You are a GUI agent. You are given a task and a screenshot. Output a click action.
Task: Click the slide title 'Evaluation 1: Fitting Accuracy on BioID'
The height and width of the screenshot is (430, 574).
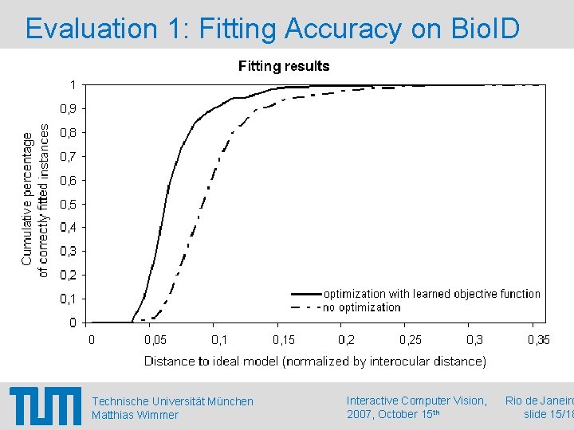click(x=273, y=29)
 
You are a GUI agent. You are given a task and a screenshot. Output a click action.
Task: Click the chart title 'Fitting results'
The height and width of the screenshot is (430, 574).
click(x=284, y=66)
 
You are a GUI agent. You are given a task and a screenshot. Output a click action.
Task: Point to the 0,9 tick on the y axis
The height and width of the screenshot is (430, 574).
click(x=69, y=108)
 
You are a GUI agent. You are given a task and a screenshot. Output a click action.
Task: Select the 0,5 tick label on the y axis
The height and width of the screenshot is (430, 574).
click(x=69, y=204)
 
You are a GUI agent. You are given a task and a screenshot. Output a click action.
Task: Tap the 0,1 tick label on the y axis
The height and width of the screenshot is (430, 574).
click(x=69, y=299)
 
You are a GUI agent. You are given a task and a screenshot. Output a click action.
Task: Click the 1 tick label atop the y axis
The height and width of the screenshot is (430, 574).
click(x=73, y=84)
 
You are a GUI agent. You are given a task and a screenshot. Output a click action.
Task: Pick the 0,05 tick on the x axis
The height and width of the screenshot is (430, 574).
click(x=155, y=340)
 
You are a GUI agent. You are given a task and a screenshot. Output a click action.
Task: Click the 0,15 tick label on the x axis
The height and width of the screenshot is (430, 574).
click(x=283, y=340)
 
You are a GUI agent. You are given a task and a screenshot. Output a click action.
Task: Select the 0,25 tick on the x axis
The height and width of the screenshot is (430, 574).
click(x=411, y=340)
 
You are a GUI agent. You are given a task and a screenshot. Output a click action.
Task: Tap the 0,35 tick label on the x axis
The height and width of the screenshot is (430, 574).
click(x=538, y=340)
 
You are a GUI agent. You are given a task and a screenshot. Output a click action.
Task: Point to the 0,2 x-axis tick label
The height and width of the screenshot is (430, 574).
click(x=346, y=340)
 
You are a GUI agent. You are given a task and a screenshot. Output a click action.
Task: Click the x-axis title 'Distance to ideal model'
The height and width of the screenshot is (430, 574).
click(x=315, y=362)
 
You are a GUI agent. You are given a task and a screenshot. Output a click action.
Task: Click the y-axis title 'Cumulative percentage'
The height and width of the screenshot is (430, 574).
click(x=27, y=199)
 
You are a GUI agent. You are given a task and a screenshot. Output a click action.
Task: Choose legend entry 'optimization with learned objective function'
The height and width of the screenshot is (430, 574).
click(x=431, y=294)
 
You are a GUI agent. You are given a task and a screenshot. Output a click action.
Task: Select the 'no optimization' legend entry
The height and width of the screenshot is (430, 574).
click(x=361, y=307)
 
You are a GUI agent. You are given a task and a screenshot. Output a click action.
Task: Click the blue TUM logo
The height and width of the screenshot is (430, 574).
click(x=45, y=407)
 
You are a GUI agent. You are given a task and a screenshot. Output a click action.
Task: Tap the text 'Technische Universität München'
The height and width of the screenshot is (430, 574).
click(x=172, y=401)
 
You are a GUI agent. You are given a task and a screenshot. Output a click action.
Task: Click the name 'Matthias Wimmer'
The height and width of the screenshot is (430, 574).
click(x=135, y=415)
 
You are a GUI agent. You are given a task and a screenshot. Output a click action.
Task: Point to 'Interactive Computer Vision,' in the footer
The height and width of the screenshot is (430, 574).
click(x=416, y=401)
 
